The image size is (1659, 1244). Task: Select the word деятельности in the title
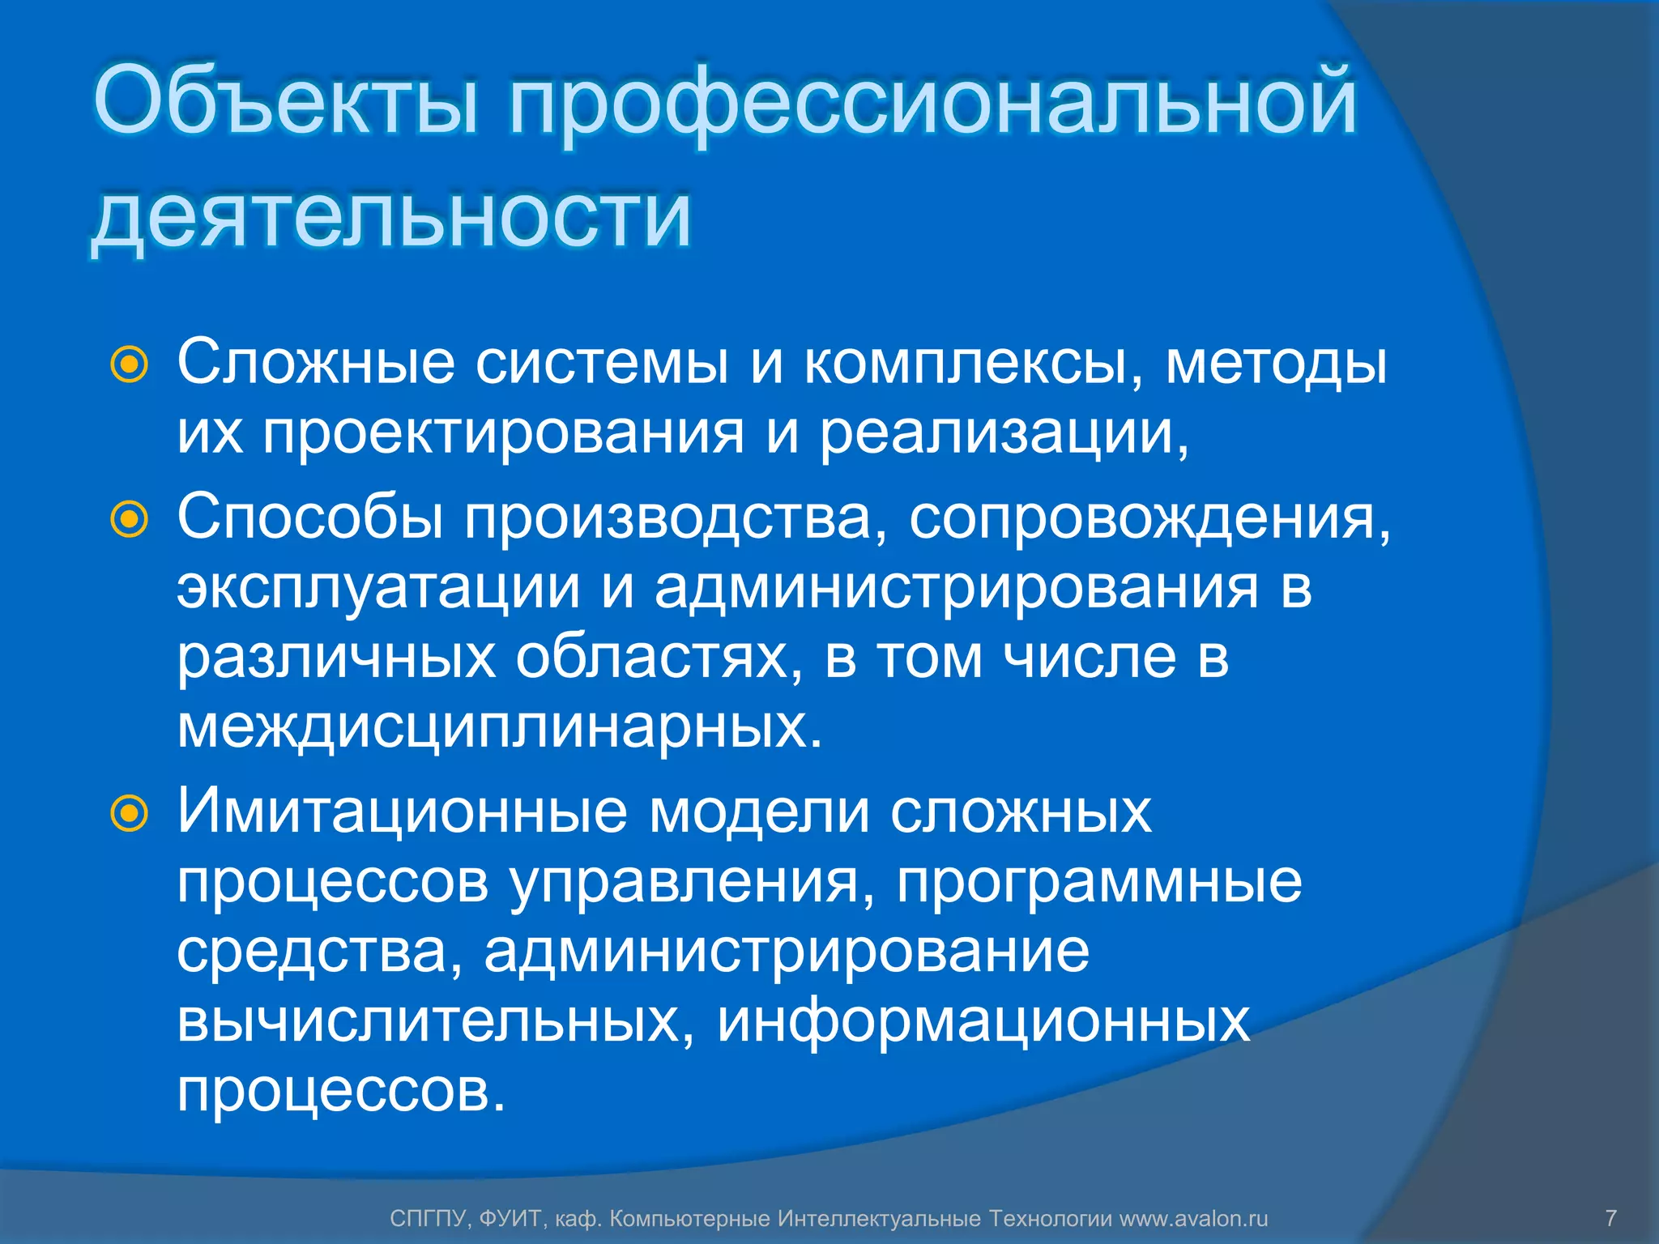coord(391,217)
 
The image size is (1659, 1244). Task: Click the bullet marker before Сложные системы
coord(130,365)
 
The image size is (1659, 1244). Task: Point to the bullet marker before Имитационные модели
coord(130,812)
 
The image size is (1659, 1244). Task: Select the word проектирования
coord(503,434)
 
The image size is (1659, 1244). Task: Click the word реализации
coord(1004,434)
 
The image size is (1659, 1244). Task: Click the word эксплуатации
coord(378,588)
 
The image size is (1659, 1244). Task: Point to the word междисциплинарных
coord(499,727)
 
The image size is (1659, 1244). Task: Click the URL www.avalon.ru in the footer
coord(1193,1218)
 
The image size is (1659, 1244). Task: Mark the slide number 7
coord(1610,1218)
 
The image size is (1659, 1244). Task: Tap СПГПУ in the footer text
coord(429,1218)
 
